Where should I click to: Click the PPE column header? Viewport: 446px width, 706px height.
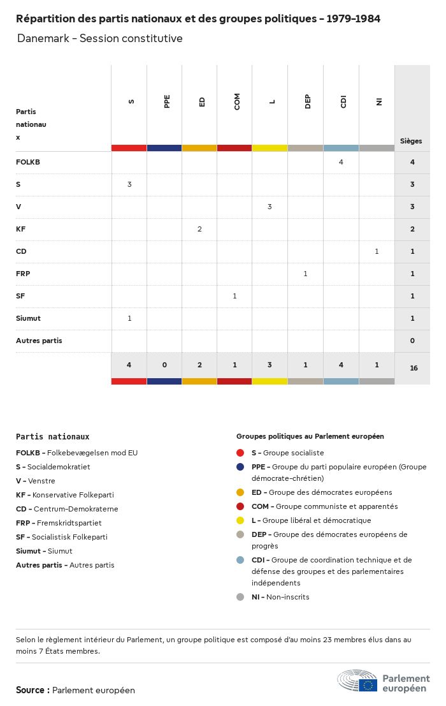click(167, 101)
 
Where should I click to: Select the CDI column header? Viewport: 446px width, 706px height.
click(343, 101)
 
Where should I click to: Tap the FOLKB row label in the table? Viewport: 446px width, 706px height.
click(28, 162)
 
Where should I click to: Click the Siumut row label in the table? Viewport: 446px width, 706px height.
click(28, 318)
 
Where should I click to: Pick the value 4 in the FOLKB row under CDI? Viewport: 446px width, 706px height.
click(341, 162)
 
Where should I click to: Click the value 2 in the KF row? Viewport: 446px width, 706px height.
click(199, 229)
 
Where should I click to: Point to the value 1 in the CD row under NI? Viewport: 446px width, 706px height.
click(377, 251)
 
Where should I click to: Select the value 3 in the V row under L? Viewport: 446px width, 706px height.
click(270, 207)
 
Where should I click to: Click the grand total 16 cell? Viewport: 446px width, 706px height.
click(414, 368)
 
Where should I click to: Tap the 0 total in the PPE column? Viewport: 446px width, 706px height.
click(164, 365)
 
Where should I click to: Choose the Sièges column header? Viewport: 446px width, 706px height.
click(411, 141)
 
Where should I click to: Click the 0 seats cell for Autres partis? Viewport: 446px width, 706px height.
click(412, 341)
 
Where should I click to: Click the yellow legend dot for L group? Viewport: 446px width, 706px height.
click(240, 520)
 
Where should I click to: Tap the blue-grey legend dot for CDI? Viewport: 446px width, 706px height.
click(240, 560)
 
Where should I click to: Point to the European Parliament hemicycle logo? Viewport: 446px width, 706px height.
click(357, 681)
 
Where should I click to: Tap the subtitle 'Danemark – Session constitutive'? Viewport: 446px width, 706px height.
click(100, 38)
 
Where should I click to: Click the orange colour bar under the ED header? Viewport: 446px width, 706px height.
click(199, 148)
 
